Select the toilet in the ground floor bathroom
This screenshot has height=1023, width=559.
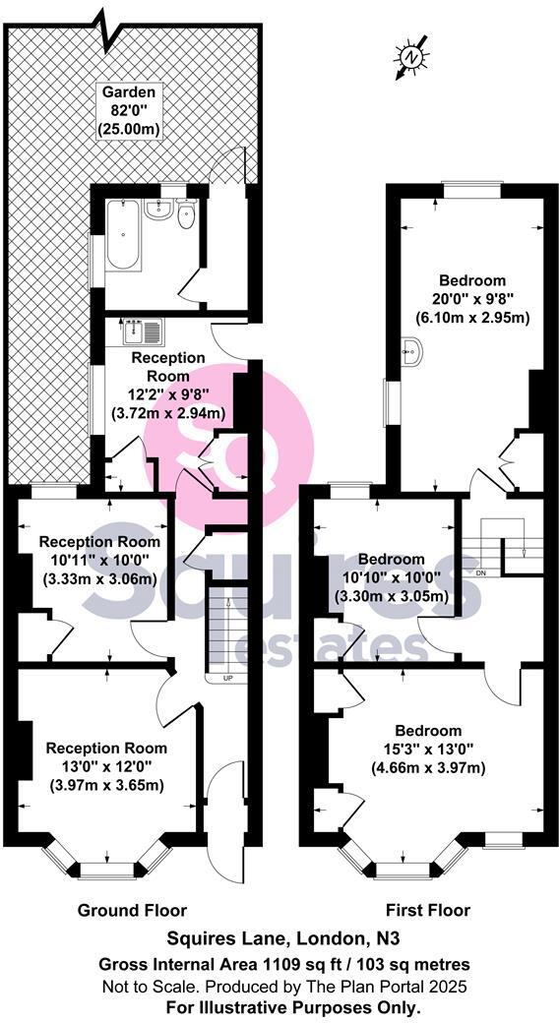187,215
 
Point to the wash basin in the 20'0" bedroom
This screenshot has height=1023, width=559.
412,349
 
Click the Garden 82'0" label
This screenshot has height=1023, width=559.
130,110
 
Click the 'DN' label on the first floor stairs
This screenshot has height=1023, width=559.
481,572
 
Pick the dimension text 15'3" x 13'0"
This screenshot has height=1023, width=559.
428,750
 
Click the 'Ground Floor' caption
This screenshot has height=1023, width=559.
132,910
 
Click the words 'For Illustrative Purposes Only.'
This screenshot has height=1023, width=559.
280,1007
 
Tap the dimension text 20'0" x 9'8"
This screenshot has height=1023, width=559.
471,298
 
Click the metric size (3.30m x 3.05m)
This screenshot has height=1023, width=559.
392,595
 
